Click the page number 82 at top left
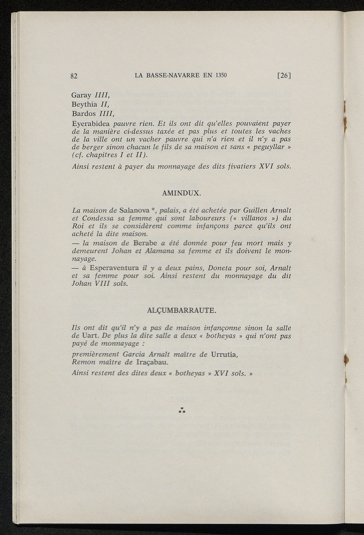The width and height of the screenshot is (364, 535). tap(74, 76)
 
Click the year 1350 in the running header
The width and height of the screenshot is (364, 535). tap(221, 75)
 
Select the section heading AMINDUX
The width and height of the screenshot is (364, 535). tap(181, 194)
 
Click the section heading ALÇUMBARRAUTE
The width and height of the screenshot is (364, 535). tap(181, 310)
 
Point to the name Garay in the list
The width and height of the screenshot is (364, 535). tap(81, 95)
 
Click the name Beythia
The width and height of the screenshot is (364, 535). tap(84, 105)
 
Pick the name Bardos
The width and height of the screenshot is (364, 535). tap(84, 114)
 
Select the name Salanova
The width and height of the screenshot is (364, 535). tap(134, 210)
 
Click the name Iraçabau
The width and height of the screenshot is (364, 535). tap(152, 362)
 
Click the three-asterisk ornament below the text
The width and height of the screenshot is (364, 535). tap(182, 411)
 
